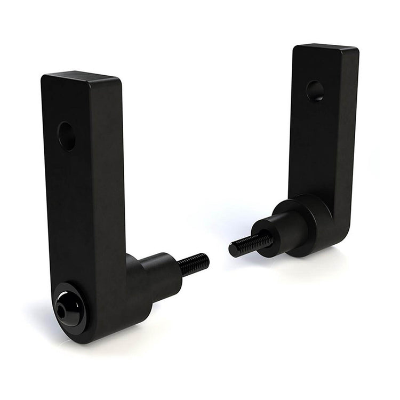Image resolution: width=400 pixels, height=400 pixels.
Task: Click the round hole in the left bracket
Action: coord(67,136)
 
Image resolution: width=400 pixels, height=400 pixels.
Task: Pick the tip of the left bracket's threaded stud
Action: coord(206,261)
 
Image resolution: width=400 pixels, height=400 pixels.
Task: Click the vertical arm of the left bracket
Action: coord(85,187)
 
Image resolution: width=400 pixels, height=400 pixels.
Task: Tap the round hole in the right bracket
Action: coord(315,91)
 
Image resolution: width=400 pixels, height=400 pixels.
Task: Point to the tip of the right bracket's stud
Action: coord(233,250)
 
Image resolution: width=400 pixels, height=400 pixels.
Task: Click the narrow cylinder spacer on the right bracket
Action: coord(277,233)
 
